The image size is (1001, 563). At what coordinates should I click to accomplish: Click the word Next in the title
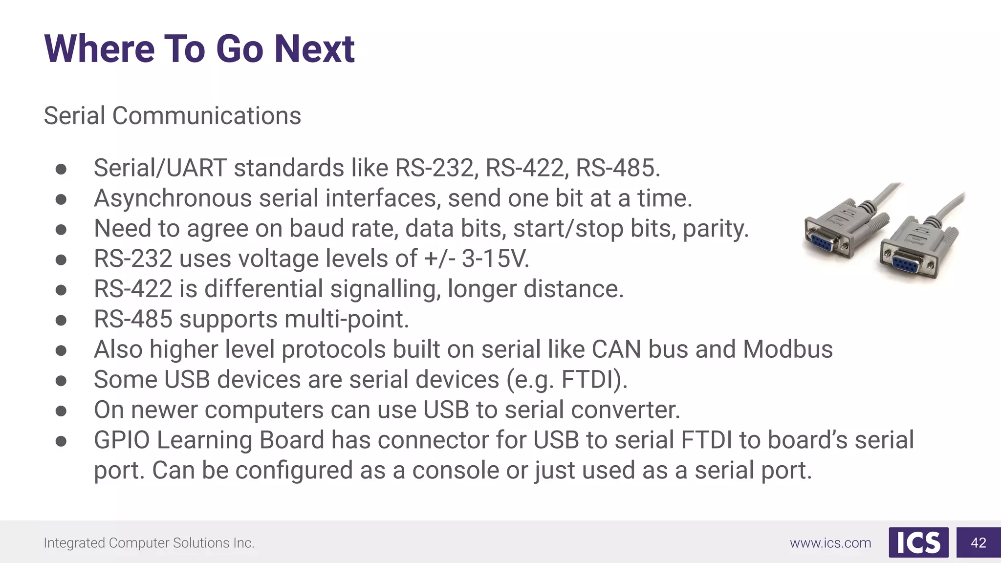(314, 49)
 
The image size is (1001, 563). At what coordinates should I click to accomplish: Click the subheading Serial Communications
(172, 116)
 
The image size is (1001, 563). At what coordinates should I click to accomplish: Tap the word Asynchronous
(173, 199)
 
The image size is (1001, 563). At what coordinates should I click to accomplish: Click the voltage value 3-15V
(495, 259)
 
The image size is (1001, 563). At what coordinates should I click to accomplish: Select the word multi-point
(347, 319)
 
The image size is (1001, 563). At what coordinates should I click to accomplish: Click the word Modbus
(787, 349)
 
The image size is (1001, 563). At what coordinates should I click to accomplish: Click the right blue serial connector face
(906, 263)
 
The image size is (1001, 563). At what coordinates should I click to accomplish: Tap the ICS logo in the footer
(918, 542)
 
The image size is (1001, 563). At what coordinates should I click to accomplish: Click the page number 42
(978, 542)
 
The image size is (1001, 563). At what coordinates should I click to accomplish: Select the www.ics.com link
(830, 543)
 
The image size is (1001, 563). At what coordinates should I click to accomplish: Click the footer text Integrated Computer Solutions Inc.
(149, 543)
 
